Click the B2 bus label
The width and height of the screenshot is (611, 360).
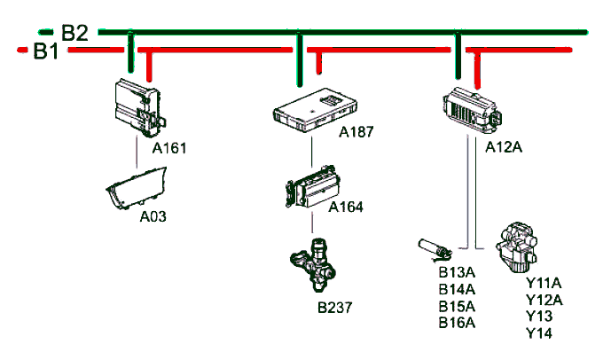74,33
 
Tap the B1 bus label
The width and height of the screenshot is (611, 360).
45,51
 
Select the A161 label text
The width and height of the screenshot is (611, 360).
168,148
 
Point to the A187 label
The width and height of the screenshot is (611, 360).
356,132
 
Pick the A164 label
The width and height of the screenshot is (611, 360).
346,207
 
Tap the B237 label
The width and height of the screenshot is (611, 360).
335,308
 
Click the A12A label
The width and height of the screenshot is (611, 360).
504,146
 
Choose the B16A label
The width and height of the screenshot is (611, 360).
458,323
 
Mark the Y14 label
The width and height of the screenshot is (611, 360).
538,333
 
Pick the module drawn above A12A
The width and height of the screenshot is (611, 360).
470,110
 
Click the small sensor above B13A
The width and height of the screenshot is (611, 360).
435,245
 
